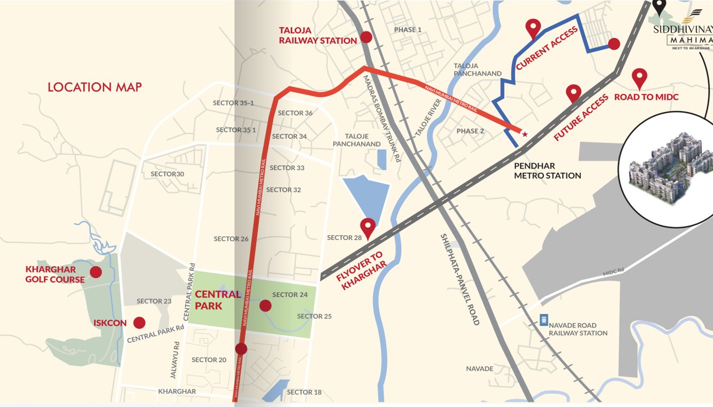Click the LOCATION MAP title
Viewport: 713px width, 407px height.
coord(94,87)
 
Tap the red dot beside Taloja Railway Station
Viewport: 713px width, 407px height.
coord(366,37)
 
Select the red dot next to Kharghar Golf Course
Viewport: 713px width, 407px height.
coord(96,272)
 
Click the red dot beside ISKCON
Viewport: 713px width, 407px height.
coord(139,323)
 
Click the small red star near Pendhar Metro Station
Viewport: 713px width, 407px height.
coord(525,134)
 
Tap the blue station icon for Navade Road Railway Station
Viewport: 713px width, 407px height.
coord(543,320)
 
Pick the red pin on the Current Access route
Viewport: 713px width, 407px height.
coord(533,28)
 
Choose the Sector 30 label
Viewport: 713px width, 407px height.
coord(167,174)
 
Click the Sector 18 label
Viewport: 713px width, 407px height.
coord(304,392)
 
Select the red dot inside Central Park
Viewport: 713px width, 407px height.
coord(265,306)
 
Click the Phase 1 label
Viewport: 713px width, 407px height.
coord(408,30)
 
